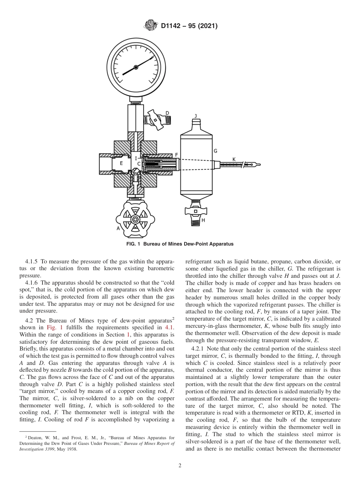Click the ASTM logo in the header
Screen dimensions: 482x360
coord(150,26)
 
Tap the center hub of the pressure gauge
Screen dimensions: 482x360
coord(136,67)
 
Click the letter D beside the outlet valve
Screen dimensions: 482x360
coord(167,113)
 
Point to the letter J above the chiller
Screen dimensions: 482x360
coord(196,116)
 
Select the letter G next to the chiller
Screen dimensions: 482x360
coord(215,151)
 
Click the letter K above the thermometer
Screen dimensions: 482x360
coord(234,160)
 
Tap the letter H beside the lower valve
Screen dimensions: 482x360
coord(203,220)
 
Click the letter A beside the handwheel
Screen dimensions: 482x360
coord(118,228)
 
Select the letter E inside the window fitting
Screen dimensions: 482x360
coord(121,163)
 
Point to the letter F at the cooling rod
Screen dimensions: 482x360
coord(176,155)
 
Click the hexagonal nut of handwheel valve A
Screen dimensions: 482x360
coord(135,219)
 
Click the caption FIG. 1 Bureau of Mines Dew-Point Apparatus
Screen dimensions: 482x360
coord(180,244)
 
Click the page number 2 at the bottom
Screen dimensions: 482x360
coord(180,466)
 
